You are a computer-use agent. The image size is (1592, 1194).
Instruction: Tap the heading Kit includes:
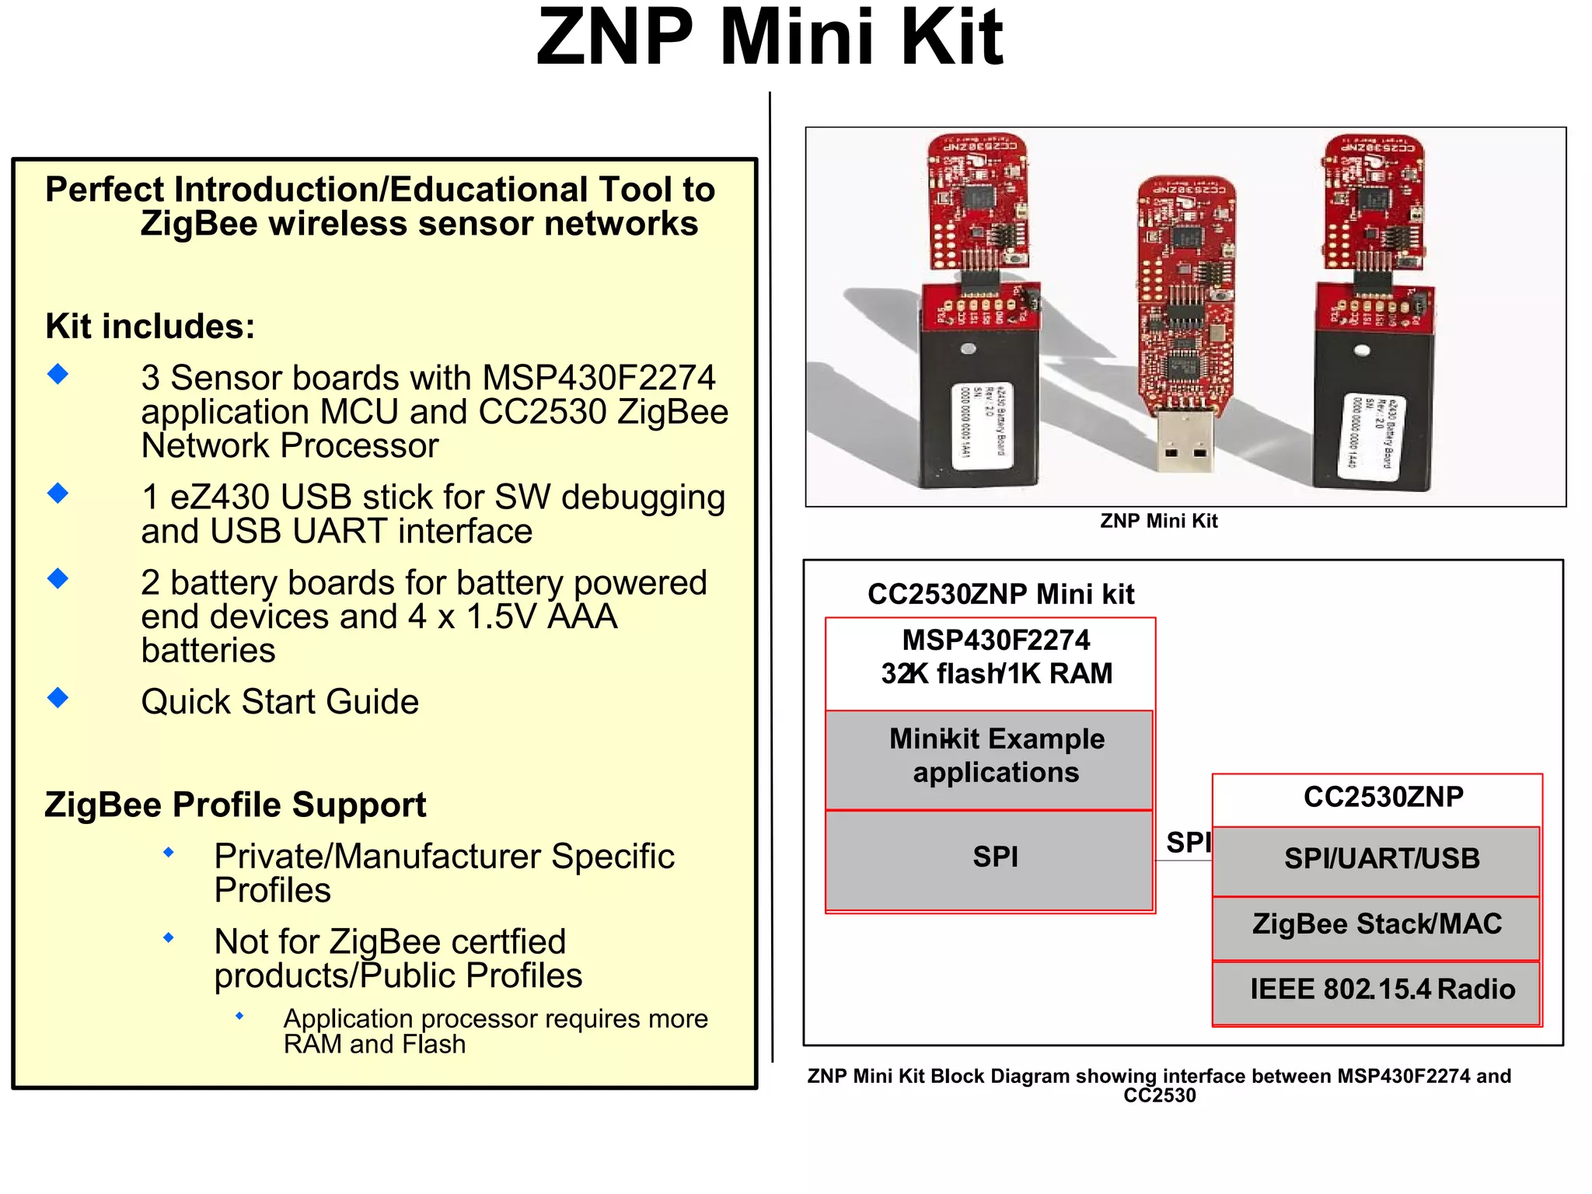(x=150, y=326)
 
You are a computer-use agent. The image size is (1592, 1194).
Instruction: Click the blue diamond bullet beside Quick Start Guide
(x=58, y=697)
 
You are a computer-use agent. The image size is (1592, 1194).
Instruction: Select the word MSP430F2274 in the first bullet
(x=598, y=379)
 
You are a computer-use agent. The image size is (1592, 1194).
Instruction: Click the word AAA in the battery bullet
(x=581, y=617)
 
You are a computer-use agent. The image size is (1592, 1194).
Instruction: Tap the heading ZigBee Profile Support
(x=235, y=805)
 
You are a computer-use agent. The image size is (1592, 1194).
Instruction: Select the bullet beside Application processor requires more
(x=239, y=1016)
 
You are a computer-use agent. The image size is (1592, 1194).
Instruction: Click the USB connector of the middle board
(x=1185, y=442)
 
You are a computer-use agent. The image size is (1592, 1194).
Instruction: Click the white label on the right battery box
(x=1374, y=435)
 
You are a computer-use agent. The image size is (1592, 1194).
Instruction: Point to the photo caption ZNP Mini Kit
(x=1158, y=521)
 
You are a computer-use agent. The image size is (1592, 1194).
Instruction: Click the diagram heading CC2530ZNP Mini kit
(x=1000, y=595)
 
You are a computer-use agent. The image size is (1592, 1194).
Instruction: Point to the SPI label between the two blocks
(x=1187, y=843)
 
